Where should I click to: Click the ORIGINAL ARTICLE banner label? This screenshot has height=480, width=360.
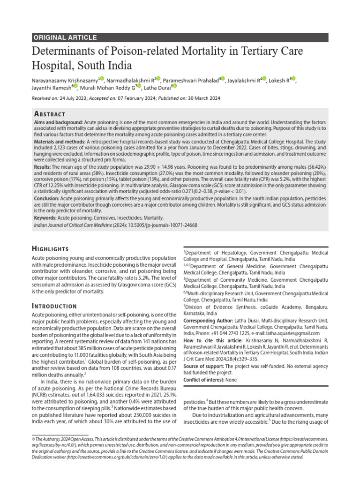point(65,37)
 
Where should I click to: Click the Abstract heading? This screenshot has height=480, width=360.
point(50,114)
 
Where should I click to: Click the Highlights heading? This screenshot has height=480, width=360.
point(50,248)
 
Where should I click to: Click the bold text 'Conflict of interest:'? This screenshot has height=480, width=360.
point(204,379)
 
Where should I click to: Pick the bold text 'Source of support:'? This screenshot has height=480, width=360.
point(203,366)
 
